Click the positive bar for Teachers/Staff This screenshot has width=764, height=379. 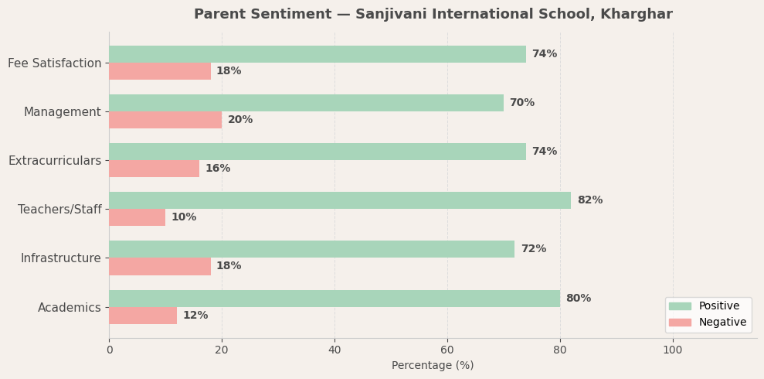point(340,200)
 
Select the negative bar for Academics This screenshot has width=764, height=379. point(143,316)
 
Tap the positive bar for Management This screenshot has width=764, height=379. point(306,103)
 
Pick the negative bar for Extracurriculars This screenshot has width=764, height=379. point(154,169)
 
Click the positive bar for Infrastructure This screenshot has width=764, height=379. point(311,249)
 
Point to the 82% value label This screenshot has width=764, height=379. point(589,200)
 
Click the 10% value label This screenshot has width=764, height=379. point(184,217)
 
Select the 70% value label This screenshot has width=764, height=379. point(521,103)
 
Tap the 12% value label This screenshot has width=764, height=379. point(195,316)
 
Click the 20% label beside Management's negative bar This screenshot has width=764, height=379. point(240,120)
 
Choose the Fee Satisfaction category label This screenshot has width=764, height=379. point(54,63)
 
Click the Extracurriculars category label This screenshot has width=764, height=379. point(54,161)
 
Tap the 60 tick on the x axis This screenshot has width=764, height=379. point(447,350)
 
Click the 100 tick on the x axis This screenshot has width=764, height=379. point(673,350)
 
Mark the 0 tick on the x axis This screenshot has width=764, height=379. point(109,350)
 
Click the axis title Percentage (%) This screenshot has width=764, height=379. point(433,366)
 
